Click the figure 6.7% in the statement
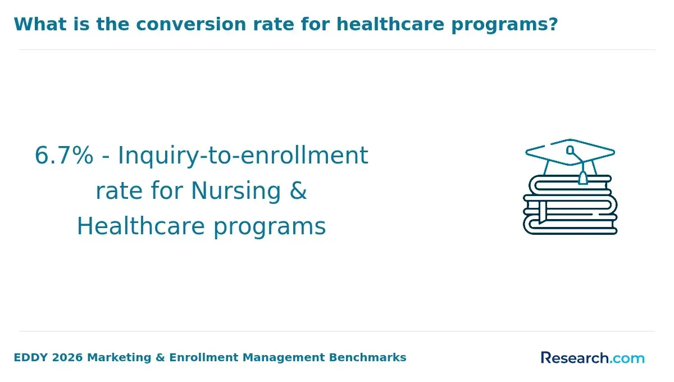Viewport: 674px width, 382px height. pos(64,156)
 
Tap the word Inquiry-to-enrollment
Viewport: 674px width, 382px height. pos(243,157)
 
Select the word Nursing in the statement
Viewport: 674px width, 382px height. pos(236,192)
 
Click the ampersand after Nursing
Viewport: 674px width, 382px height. pos(298,190)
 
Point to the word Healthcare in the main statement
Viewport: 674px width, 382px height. pos(141,226)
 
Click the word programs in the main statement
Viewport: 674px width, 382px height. pos(270,228)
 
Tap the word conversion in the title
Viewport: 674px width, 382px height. pos(191,24)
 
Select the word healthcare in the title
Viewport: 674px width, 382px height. pos(390,24)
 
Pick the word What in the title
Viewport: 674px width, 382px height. pos(40,24)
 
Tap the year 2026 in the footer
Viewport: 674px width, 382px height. pos(67,358)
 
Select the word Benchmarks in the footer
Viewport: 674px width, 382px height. pos(367,358)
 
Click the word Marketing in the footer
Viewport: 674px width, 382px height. pos(119,358)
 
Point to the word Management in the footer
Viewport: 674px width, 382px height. pos(284,358)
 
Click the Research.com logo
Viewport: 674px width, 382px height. pos(593,358)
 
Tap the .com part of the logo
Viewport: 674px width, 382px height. pos(627,359)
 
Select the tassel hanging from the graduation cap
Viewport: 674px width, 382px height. pos(583,178)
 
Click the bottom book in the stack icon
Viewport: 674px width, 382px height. pos(570,226)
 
